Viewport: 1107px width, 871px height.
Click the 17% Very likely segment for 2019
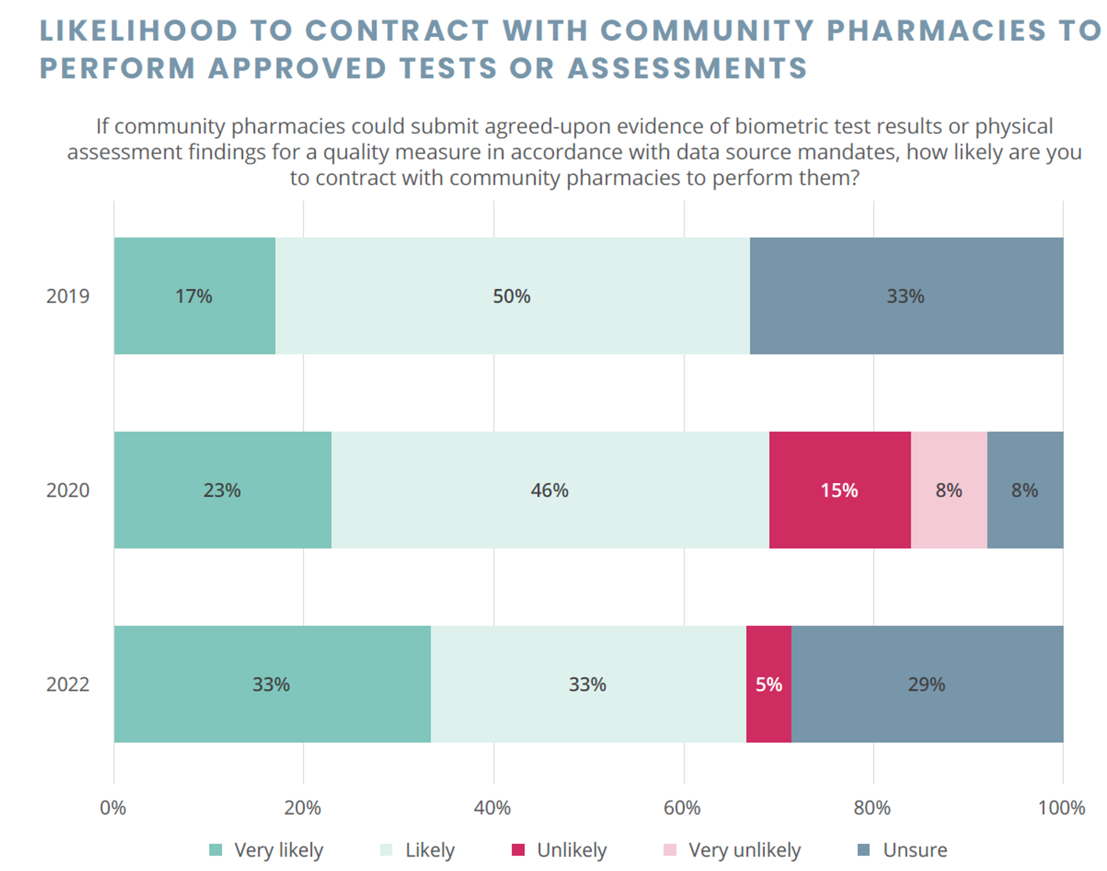click(194, 296)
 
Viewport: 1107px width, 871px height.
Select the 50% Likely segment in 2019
click(512, 296)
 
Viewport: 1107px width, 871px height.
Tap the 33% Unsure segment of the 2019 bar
click(906, 296)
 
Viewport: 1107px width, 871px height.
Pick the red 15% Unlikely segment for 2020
click(839, 490)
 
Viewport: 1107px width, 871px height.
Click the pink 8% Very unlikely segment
click(948, 490)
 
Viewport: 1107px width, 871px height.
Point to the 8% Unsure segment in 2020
click(1025, 490)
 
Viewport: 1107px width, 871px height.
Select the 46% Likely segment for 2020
click(550, 490)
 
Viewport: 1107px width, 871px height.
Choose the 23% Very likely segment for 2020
click(222, 490)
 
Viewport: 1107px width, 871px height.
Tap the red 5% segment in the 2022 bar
click(768, 684)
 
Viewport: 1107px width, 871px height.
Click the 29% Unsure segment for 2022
click(926, 684)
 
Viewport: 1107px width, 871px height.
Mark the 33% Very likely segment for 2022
click(271, 684)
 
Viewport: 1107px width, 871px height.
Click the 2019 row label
click(68, 296)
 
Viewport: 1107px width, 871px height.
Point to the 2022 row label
click(68, 684)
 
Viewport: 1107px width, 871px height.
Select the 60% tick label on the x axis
click(682, 808)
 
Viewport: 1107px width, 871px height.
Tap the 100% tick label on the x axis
click(1061, 808)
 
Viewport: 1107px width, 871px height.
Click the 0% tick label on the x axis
click(113, 808)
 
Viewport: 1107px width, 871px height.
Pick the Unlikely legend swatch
click(518, 850)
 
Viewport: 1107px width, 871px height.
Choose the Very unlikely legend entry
click(744, 850)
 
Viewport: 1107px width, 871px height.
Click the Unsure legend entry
click(915, 850)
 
